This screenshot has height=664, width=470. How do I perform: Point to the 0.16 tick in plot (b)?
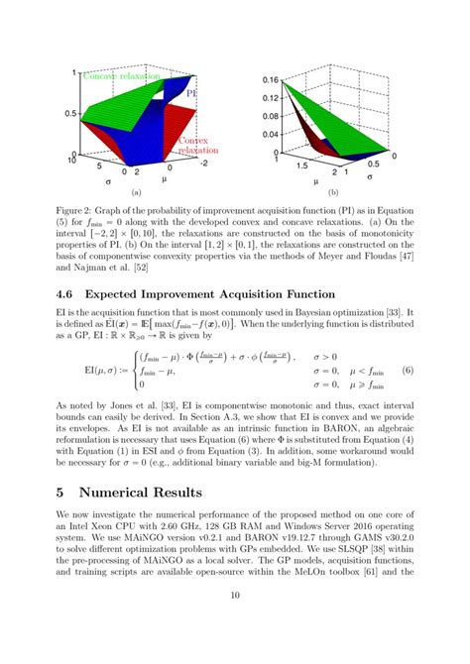point(267,77)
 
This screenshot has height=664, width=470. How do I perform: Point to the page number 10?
point(234,621)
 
